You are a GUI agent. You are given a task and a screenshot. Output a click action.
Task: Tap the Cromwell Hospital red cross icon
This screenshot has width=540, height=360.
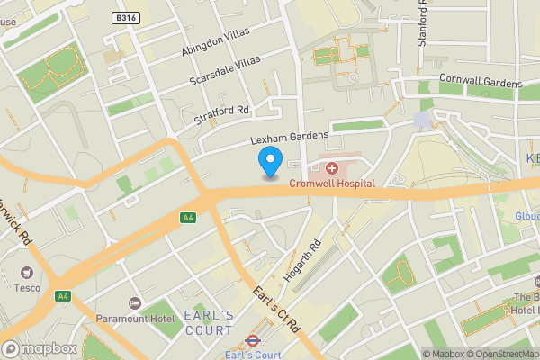(x=331, y=168)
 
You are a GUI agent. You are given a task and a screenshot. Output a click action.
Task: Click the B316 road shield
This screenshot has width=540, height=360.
(x=126, y=17)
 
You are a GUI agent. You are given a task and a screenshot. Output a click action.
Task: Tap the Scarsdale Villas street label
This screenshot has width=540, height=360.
(x=225, y=70)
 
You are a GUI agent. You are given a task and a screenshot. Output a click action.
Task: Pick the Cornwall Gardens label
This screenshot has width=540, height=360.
(x=481, y=80)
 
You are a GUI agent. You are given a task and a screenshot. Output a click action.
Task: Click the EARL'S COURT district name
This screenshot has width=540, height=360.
(x=208, y=322)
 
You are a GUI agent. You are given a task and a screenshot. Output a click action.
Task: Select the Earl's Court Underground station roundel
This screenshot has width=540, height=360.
(x=253, y=341)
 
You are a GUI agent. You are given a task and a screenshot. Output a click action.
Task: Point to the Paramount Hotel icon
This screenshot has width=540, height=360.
(x=136, y=301)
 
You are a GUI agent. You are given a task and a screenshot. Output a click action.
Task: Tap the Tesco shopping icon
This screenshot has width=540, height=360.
(x=28, y=273)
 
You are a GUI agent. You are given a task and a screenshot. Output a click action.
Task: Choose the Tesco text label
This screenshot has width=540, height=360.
(x=28, y=288)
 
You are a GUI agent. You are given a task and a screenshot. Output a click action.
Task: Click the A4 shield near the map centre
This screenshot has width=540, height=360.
(x=188, y=217)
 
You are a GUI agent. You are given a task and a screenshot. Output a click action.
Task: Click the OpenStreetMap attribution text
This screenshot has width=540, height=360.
(x=500, y=354)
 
